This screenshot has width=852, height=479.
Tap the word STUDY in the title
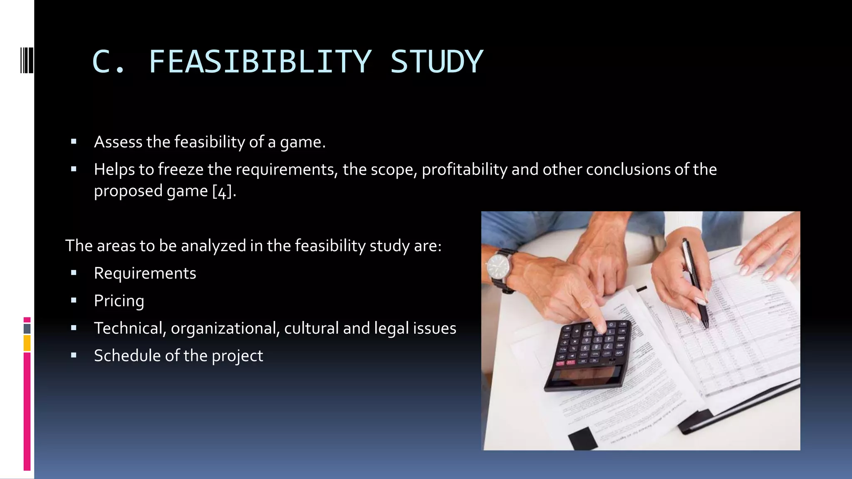coord(436,62)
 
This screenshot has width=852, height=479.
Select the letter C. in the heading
coord(108,62)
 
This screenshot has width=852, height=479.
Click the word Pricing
coord(119,301)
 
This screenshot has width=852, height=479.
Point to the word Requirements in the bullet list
coord(145,273)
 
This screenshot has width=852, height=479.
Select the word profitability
coord(464,170)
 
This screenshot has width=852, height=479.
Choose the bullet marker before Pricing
coord(74,300)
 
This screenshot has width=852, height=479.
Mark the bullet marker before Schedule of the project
coord(74,355)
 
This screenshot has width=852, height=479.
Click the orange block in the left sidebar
coord(27,343)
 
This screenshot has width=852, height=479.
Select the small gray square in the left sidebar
coord(27,328)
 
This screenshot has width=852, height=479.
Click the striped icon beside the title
coord(26,60)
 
